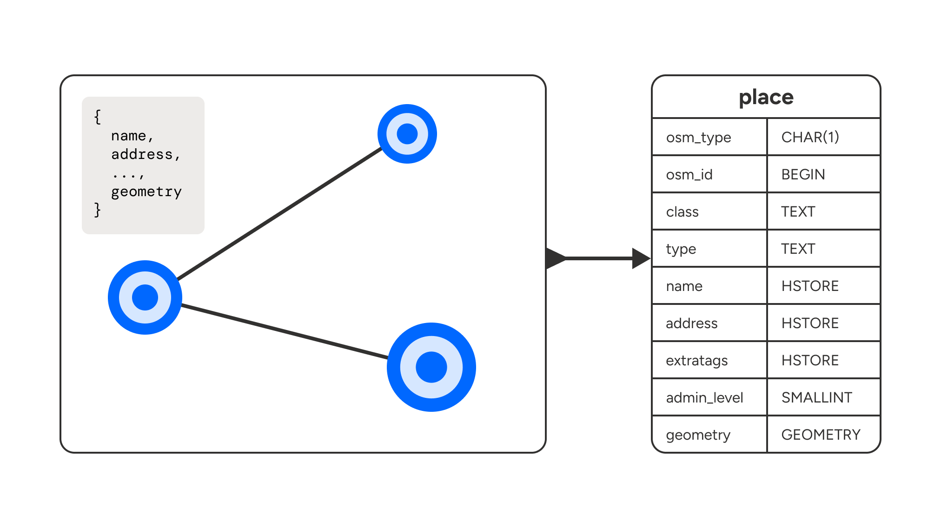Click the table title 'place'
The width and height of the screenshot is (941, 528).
[x=766, y=97]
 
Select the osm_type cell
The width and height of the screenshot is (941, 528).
[x=698, y=138]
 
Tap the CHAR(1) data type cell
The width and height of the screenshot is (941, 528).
[x=810, y=137]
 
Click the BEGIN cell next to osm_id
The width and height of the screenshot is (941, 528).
[x=803, y=174]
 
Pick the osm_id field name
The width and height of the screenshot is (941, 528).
[x=689, y=175]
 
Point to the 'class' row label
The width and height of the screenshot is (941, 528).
[x=682, y=212]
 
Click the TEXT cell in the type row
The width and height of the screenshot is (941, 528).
[x=798, y=249]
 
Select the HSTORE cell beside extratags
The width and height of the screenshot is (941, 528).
[x=810, y=360]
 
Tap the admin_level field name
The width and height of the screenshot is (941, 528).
[x=704, y=398]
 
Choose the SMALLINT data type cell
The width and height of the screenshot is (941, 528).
[x=816, y=397]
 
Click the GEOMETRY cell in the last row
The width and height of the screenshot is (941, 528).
[x=821, y=435]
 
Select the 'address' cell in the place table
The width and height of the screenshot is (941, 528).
[x=691, y=323]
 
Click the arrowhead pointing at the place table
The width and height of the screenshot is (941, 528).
[x=641, y=258]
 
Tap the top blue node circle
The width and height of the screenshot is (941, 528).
[x=407, y=134]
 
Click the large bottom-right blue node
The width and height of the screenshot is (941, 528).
[x=431, y=367]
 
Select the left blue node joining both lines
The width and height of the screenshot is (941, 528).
[x=145, y=297]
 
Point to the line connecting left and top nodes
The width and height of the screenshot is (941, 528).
[x=279, y=214]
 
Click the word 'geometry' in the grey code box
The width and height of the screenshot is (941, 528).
[x=146, y=191]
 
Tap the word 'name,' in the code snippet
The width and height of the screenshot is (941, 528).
[x=132, y=136]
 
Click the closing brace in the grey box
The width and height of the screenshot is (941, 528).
[x=97, y=210]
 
